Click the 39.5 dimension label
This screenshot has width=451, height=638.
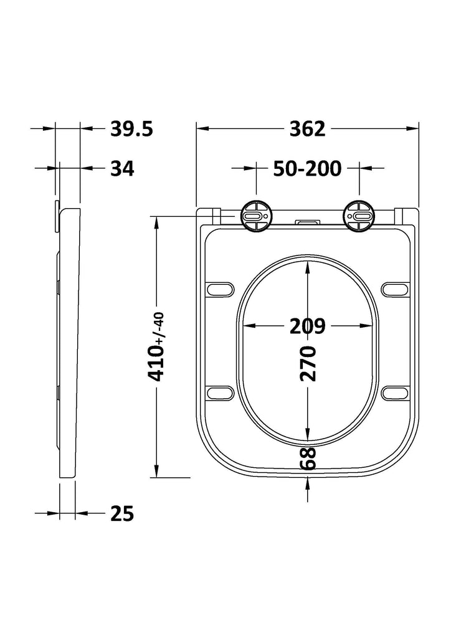click(131, 129)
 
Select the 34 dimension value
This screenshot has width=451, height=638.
click(122, 168)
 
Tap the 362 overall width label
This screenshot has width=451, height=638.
click(308, 129)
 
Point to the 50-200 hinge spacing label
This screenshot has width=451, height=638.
click(308, 168)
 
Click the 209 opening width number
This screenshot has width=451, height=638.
click(308, 325)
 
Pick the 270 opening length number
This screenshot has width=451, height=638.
click(308, 363)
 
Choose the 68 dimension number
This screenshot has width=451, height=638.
click(308, 459)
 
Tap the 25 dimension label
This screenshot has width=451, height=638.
click(122, 513)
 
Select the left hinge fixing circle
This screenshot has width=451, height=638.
click(256, 217)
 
